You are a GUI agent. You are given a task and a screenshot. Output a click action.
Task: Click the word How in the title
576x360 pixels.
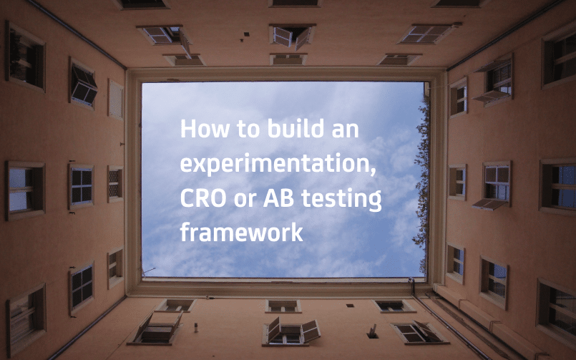[205, 128]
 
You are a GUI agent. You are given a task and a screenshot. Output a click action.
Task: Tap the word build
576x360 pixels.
[296, 128]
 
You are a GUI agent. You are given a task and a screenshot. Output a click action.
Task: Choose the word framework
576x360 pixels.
[241, 232]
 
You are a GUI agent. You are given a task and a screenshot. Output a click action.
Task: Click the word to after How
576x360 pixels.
[248, 130]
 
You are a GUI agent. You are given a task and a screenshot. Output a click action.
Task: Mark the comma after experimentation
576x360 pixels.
[374, 171]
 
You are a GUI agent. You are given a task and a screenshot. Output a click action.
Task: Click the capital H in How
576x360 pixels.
[187, 129]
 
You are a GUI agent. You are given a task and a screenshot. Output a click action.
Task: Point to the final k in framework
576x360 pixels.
[296, 232]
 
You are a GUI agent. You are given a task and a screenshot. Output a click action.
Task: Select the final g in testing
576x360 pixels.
[375, 203]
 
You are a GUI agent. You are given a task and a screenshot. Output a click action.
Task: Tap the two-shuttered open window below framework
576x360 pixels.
[291, 331]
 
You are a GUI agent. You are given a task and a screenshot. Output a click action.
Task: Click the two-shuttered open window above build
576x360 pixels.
[293, 36]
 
